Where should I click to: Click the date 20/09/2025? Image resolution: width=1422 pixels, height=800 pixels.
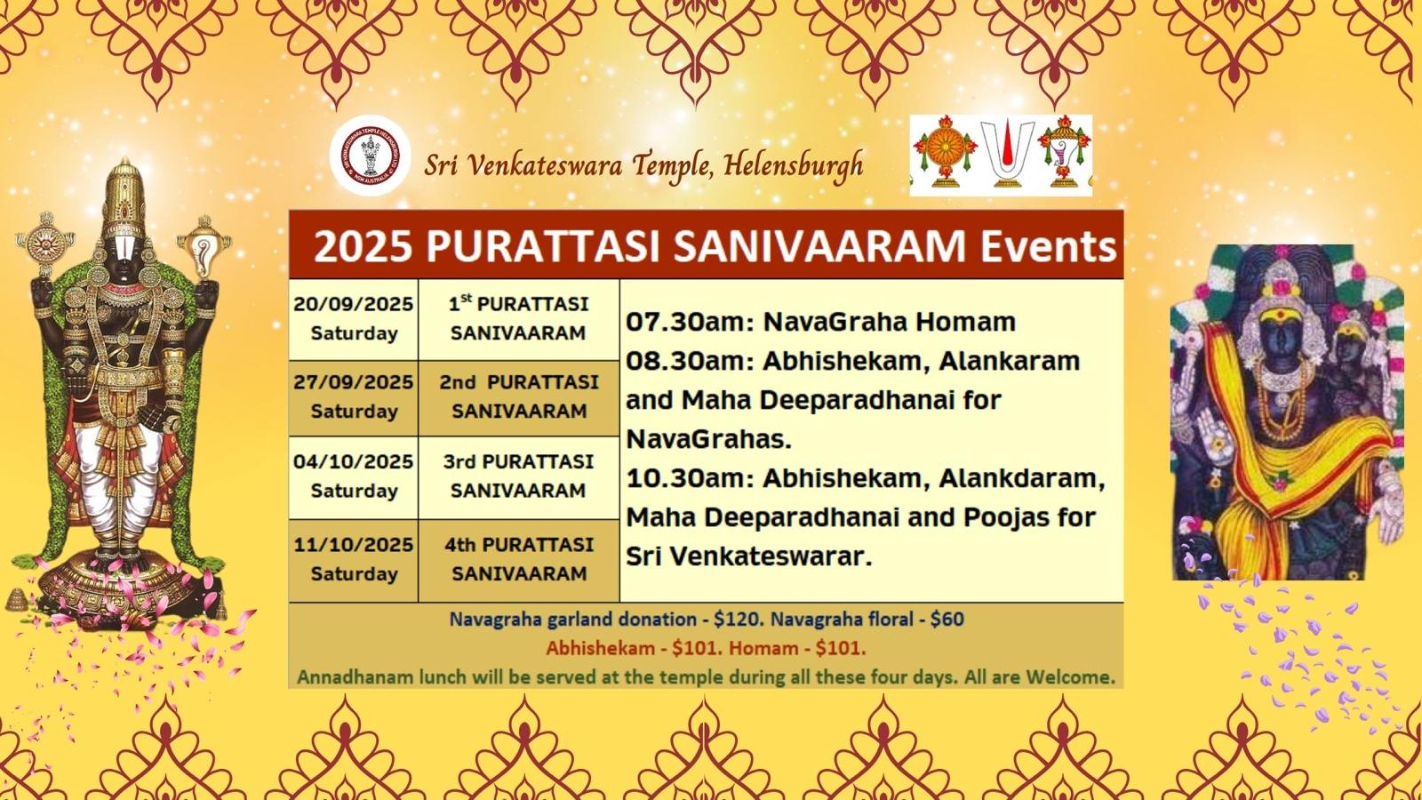353,304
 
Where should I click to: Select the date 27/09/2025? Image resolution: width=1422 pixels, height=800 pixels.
353,382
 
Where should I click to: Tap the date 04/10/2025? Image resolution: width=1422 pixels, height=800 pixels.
353,461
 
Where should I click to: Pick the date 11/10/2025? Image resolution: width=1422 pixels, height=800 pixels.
353,545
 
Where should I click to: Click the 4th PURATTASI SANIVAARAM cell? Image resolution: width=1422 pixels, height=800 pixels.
519,559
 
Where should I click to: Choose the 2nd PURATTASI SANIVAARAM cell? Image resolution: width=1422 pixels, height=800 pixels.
519,397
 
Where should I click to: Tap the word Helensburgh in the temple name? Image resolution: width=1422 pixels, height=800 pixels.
793,166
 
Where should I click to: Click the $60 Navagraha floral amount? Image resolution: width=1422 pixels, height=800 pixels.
947,619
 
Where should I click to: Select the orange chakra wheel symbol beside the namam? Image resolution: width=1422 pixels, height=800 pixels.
946,152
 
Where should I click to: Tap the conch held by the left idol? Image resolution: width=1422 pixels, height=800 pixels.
204,249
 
